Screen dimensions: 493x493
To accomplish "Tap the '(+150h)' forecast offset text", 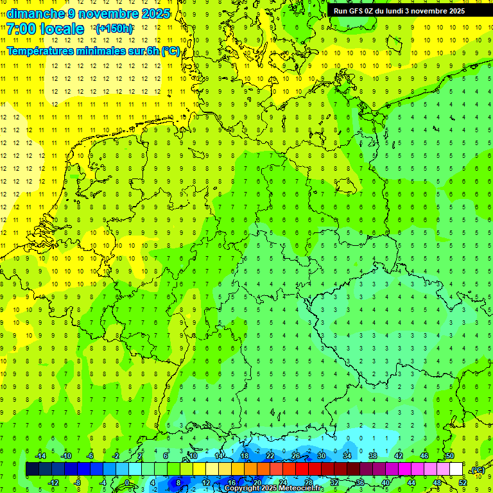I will click(x=114, y=29).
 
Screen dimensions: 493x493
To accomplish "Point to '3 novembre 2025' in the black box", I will click(x=435, y=11).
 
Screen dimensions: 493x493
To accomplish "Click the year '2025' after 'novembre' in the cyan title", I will click(x=155, y=13).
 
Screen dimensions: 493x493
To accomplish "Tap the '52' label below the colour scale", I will click(x=463, y=483).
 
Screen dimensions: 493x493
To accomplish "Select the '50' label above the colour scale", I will click(x=450, y=456).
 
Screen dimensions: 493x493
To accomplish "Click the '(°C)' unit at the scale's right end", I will click(x=478, y=471).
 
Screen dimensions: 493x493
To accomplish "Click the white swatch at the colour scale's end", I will click(x=456, y=469).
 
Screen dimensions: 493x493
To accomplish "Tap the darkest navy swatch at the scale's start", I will click(x=32, y=469).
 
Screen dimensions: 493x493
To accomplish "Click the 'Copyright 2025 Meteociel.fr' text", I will click(x=273, y=489).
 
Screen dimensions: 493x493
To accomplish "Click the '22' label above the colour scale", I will click(x=270, y=456).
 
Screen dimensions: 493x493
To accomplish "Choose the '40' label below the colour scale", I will click(x=386, y=483).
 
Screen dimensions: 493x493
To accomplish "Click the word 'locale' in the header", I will click(x=62, y=29).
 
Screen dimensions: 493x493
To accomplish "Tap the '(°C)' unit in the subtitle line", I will click(x=170, y=51).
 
